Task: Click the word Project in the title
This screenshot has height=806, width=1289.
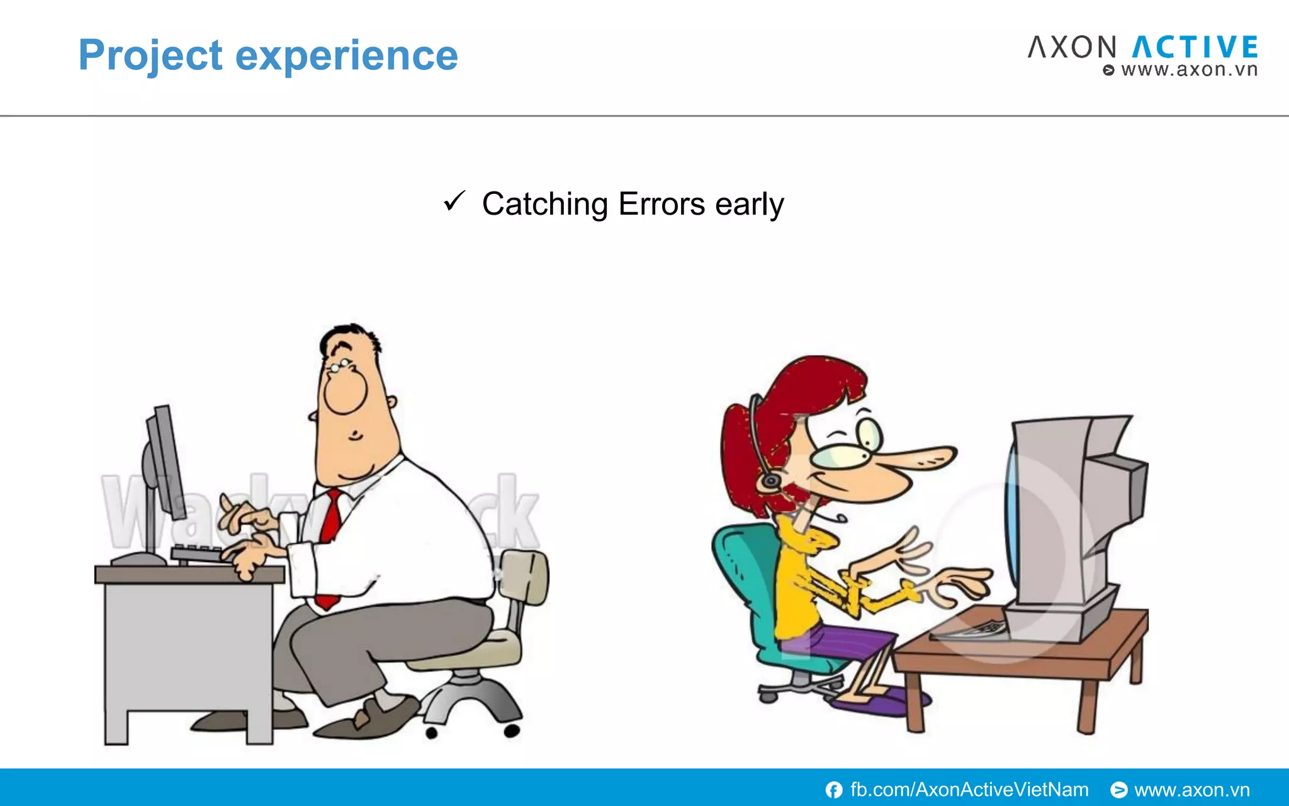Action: pos(150,55)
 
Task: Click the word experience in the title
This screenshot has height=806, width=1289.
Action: pos(346,57)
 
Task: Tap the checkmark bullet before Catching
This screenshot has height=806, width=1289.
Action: pos(453,201)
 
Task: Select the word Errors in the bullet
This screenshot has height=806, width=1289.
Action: pos(661,204)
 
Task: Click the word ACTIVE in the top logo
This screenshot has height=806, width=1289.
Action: pos(1195,48)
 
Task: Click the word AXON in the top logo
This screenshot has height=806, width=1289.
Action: pos(1072,48)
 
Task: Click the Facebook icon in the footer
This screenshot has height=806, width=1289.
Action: pos(834,790)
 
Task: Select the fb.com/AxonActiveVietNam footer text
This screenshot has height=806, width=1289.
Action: pos(969,790)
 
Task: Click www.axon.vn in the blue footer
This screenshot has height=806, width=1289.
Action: pos(1191,790)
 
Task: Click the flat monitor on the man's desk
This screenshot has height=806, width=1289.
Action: pos(165,463)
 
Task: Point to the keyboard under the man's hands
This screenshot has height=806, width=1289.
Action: pos(195,554)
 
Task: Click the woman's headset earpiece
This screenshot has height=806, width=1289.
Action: pos(770,481)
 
